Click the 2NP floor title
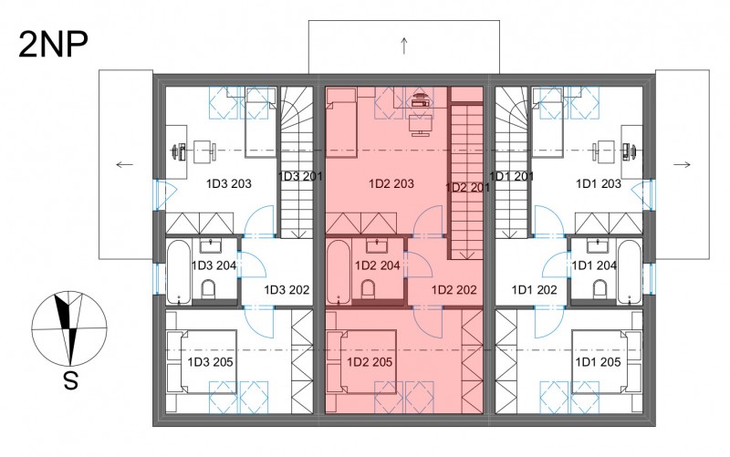(x=53, y=45)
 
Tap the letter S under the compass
(x=70, y=381)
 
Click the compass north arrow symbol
(x=69, y=328)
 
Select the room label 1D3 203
(x=229, y=184)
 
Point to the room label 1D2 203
(x=391, y=184)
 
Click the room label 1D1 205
(x=598, y=362)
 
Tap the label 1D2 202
(x=454, y=290)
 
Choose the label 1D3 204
(x=214, y=265)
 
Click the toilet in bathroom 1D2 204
(x=368, y=289)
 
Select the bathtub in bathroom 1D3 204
(x=179, y=272)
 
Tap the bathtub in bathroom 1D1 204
(x=630, y=272)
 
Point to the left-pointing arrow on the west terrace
(x=124, y=164)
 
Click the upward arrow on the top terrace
(x=404, y=46)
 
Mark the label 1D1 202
(x=534, y=290)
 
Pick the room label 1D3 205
(x=210, y=362)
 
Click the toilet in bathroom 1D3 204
(x=208, y=289)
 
